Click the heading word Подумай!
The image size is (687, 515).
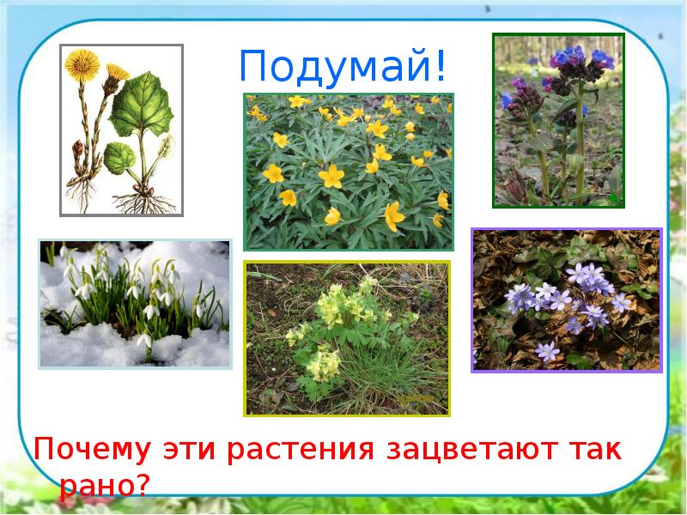click(343, 66)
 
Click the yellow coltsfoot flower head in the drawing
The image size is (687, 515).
click(84, 62)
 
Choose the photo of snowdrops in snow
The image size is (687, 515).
click(135, 304)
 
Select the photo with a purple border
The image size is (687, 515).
click(567, 300)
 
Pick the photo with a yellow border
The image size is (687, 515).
click(347, 338)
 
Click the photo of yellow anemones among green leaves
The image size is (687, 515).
click(348, 172)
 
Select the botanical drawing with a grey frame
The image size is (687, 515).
click(121, 130)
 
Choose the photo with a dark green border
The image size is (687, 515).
click(558, 120)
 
